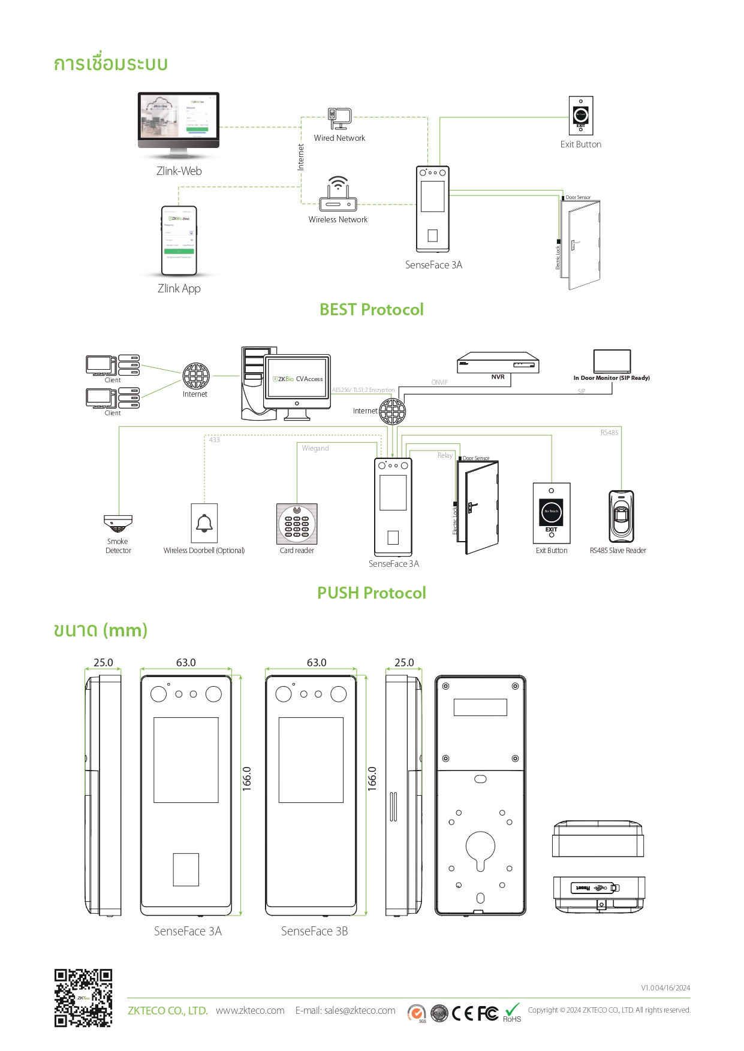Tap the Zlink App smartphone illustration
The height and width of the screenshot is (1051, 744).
179,240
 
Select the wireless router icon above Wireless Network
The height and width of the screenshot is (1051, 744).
338,195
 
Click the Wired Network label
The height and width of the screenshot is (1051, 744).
339,138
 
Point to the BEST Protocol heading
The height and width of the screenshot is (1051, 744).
371,309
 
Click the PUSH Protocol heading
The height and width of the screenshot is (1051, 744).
371,593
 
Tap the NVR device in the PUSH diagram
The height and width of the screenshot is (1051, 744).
498,362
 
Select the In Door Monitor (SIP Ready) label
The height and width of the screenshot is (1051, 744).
611,378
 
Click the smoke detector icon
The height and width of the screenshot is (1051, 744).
118,523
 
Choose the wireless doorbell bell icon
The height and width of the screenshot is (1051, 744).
204,523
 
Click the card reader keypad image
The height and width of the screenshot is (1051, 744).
297,523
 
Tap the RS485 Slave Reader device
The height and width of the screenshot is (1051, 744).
621,516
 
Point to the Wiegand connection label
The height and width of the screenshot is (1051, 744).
315,448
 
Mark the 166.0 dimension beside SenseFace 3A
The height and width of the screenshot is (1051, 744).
247,778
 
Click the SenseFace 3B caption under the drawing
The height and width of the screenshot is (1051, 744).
314,931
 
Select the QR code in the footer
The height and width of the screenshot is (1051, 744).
83,998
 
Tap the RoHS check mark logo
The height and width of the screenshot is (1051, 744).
512,1012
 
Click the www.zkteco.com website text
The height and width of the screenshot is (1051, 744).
250,1010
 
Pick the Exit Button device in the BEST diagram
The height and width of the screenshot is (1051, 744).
580,116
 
